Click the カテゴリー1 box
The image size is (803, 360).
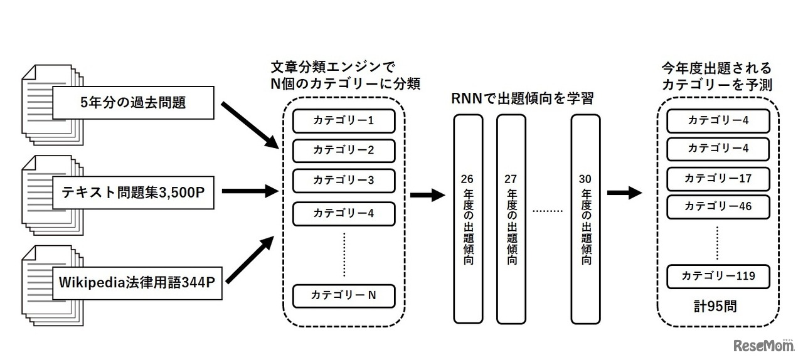point(344,120)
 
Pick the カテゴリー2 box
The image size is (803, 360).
point(344,151)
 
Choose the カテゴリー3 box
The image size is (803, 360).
point(344,181)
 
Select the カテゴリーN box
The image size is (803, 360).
point(344,295)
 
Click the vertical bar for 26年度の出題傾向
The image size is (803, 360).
point(467,218)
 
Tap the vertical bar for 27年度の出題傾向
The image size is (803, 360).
point(511,218)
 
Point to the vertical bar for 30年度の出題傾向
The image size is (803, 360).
point(585,218)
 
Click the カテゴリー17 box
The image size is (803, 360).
point(718,178)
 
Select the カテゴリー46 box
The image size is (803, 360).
point(718,206)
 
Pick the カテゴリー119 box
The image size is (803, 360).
point(718,276)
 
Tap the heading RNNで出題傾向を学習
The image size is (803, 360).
point(522,98)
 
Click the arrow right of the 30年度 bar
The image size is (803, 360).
point(624,193)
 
